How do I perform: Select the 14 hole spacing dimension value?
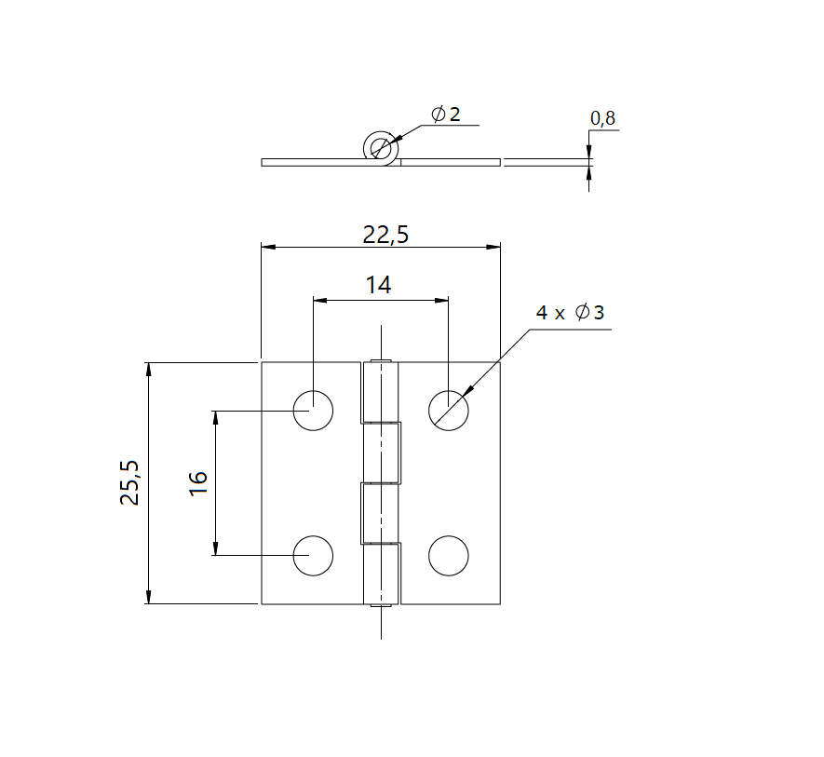[x=378, y=286]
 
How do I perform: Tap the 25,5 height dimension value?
[x=129, y=482]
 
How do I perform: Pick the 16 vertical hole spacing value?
[x=198, y=482]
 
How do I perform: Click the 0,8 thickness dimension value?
[x=602, y=118]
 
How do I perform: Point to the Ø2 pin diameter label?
[x=446, y=115]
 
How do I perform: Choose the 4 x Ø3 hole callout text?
[x=570, y=313]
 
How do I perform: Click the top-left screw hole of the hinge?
[x=314, y=410]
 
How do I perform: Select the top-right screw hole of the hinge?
[x=449, y=410]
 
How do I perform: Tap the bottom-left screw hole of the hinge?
[x=314, y=556]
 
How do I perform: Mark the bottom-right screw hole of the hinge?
[x=449, y=556]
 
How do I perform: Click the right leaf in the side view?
[x=451, y=162]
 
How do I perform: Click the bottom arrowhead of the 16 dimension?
[x=216, y=548]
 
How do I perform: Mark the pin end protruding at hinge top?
[x=380, y=359]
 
